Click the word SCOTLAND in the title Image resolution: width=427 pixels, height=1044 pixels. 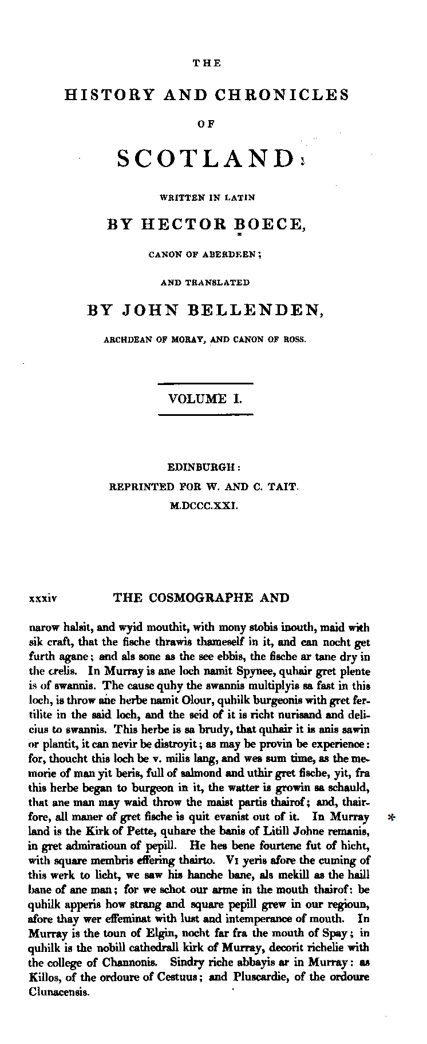coord(205,158)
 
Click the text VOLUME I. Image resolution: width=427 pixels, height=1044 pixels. coord(205,399)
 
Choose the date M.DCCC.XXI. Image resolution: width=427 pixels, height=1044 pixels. coord(204,506)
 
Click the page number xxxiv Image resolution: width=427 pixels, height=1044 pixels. coord(42,599)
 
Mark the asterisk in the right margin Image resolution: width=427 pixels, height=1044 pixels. coord(392,818)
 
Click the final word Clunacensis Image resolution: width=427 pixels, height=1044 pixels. coord(59,992)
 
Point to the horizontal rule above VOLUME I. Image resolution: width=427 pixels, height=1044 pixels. coord(205,383)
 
